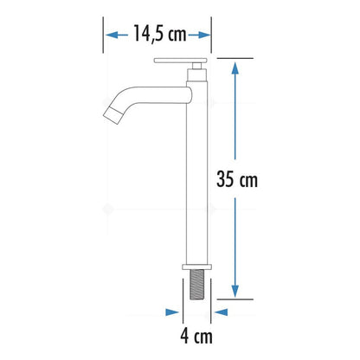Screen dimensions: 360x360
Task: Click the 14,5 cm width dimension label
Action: click(160, 34)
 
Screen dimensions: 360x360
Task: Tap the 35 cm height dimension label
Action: click(237, 179)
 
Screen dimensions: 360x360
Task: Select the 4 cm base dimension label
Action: click(196, 336)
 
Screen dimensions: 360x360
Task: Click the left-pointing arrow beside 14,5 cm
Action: click(117, 35)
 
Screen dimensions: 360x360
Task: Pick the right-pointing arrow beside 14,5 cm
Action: click(199, 35)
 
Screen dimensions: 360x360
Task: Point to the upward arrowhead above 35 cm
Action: click(235, 69)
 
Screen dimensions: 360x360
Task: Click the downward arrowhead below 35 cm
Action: click(235, 290)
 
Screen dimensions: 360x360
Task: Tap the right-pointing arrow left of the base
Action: click(172, 312)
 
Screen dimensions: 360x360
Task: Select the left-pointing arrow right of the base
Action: click(222, 312)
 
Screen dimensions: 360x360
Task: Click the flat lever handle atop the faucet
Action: click(181, 61)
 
